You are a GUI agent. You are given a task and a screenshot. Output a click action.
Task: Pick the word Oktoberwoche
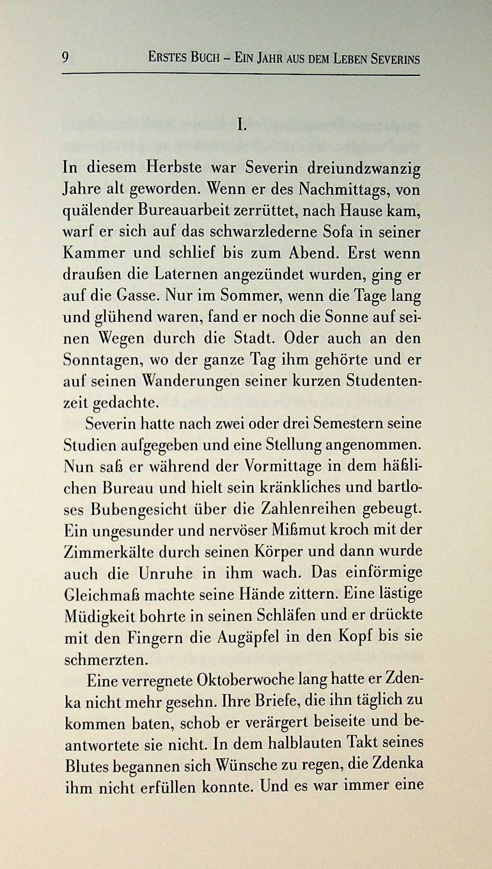[246, 680]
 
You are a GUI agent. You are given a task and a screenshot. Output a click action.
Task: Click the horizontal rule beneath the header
[240, 74]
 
